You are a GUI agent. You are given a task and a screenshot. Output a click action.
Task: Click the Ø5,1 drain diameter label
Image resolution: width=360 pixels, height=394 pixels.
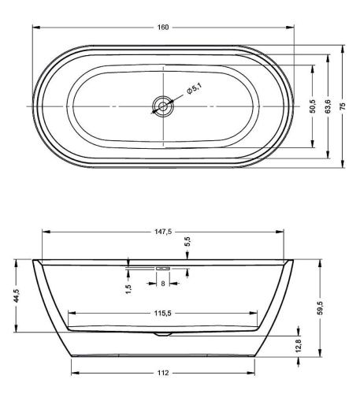[x=195, y=92]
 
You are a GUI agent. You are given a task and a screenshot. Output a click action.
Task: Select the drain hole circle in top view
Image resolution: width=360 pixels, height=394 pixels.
[x=163, y=105]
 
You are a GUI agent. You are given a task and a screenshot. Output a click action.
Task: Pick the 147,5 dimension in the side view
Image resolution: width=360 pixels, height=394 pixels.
[x=163, y=232]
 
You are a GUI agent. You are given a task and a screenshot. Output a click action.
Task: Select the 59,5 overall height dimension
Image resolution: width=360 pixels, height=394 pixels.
[x=319, y=304]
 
